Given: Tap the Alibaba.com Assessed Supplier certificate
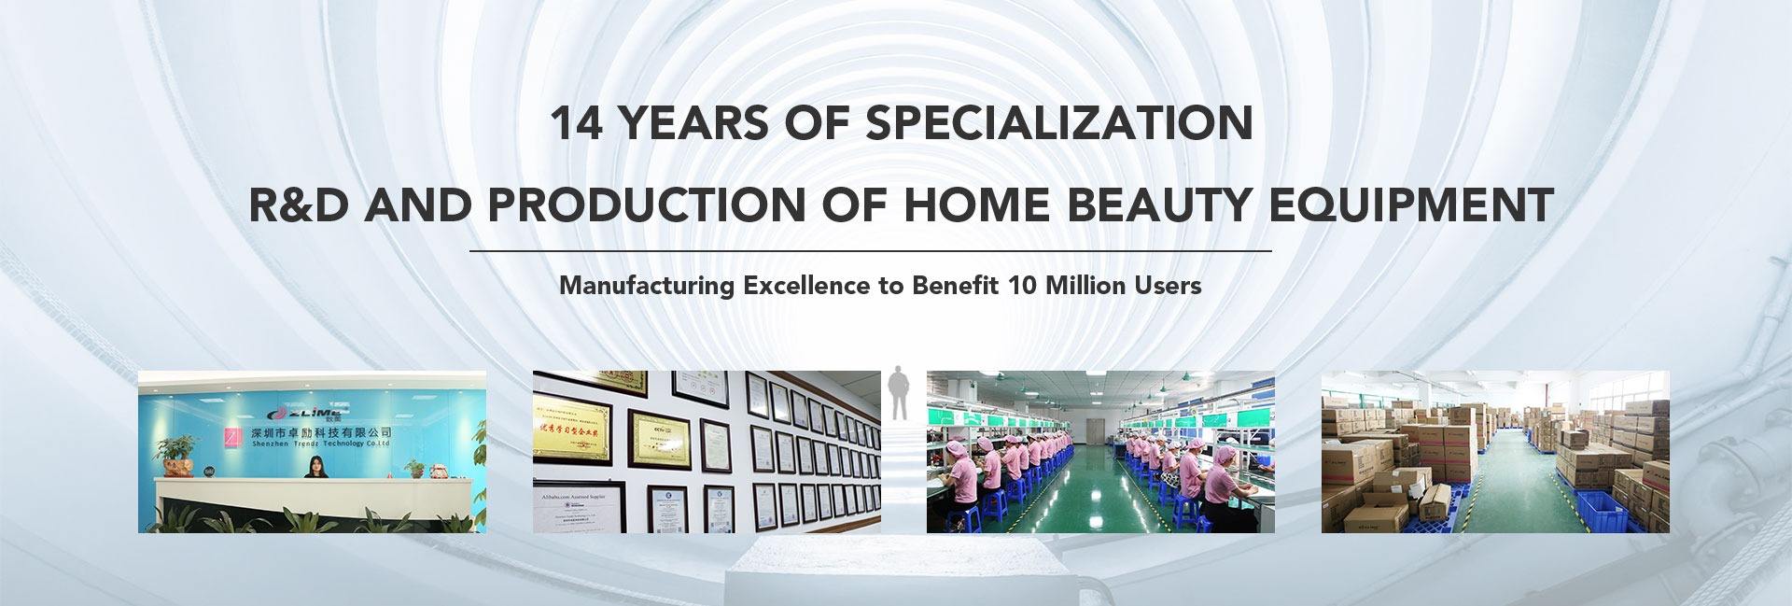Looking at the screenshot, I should coord(566,505).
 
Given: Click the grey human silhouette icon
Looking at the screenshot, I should coord(898,391).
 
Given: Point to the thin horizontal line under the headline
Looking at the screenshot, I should coord(870,251).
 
